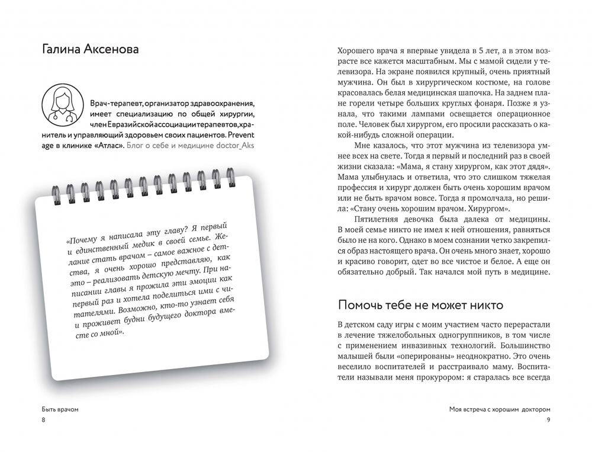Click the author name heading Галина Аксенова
91,49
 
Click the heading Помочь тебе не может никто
420,305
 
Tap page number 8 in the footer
43,420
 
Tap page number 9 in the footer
549,420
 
